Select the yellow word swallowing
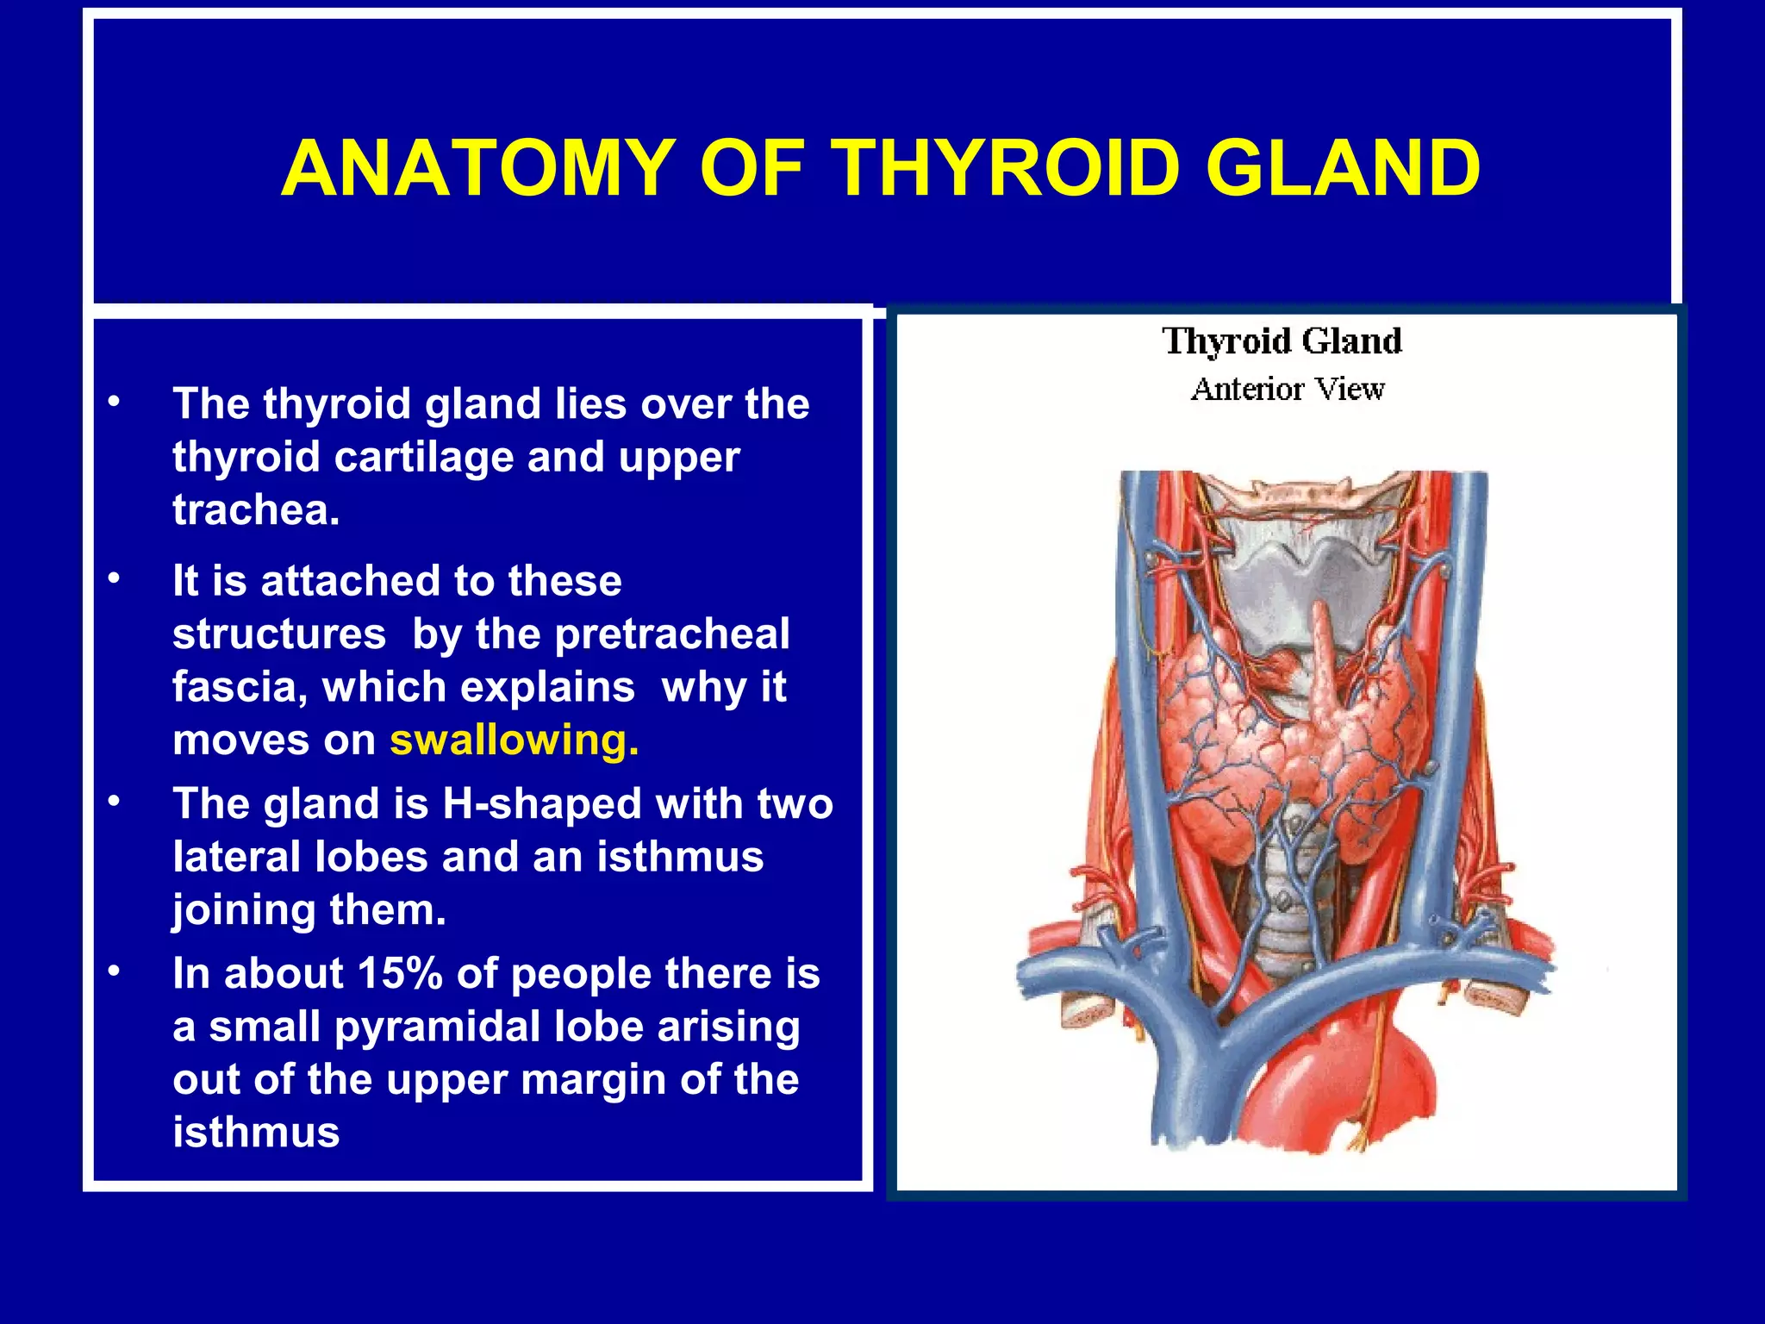click(514, 740)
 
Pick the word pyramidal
click(439, 1027)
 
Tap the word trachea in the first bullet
click(255, 510)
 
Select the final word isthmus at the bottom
click(256, 1133)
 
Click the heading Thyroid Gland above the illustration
click(1282, 341)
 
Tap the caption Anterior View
click(1288, 390)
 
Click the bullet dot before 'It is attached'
click(114, 578)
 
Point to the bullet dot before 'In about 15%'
click(114, 971)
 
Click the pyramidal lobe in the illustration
click(1321, 655)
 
